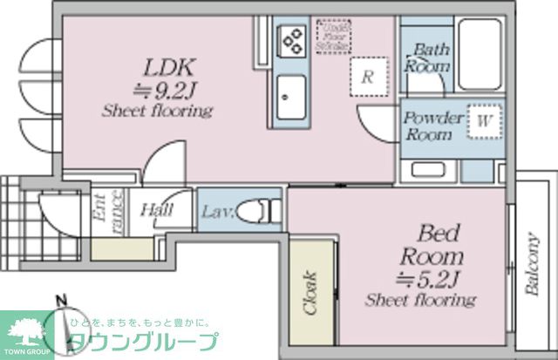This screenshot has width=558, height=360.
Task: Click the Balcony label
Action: pyautogui.click(x=532, y=264)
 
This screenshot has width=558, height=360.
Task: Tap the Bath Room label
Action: pyautogui.click(x=428, y=58)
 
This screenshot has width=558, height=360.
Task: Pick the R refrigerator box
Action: pyautogui.click(x=368, y=76)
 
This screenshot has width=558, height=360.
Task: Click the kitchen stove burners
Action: pyautogui.click(x=290, y=39)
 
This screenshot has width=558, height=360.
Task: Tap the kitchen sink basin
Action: pyautogui.click(x=290, y=92)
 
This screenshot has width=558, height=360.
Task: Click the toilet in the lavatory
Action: pyautogui.click(x=259, y=210)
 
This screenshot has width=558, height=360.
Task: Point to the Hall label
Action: pyautogui.click(x=156, y=210)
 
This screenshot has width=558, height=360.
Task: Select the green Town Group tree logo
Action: pyautogui.click(x=26, y=330)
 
